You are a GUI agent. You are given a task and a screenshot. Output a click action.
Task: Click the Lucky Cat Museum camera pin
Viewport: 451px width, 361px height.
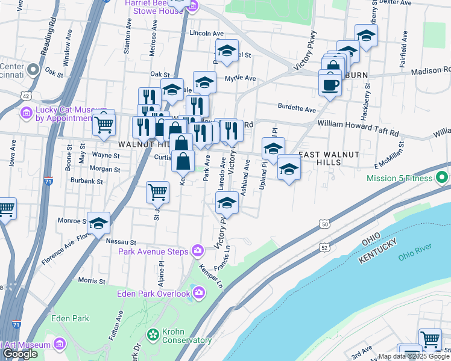click(26, 113)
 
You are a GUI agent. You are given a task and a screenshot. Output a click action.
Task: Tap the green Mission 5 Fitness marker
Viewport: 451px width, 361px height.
click(442, 178)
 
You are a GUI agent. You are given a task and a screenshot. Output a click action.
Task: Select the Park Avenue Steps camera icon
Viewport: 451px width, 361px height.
click(197, 251)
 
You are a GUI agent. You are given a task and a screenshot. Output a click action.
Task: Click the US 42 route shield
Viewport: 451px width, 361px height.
click(25, 95)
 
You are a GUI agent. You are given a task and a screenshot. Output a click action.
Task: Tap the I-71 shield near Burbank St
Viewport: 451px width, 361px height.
click(48, 179)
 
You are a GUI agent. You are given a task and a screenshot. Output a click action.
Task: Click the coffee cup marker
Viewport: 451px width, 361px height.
click(330, 84)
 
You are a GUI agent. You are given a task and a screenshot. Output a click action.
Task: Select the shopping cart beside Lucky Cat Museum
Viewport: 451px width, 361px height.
click(104, 124)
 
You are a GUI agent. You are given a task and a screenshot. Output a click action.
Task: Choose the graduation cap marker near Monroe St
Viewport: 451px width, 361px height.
click(98, 224)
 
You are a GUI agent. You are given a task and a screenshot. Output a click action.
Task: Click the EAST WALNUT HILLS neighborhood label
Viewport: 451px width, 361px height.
click(329, 159)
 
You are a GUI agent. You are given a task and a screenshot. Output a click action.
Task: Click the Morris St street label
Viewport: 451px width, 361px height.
click(92, 280)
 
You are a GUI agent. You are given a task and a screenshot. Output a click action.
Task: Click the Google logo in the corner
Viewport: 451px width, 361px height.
click(19, 354)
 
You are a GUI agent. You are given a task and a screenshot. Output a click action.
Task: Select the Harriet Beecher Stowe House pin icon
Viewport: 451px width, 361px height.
click(192, 7)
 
